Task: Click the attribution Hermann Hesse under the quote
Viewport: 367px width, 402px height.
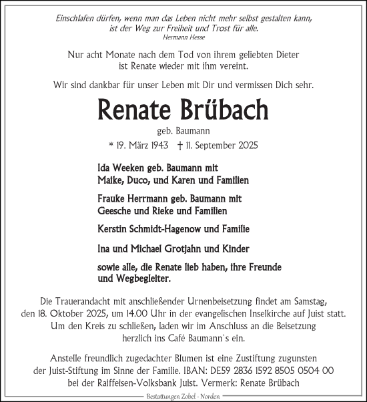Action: tap(183, 38)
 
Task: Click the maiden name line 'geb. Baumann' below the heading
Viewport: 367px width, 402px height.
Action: tap(183, 130)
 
